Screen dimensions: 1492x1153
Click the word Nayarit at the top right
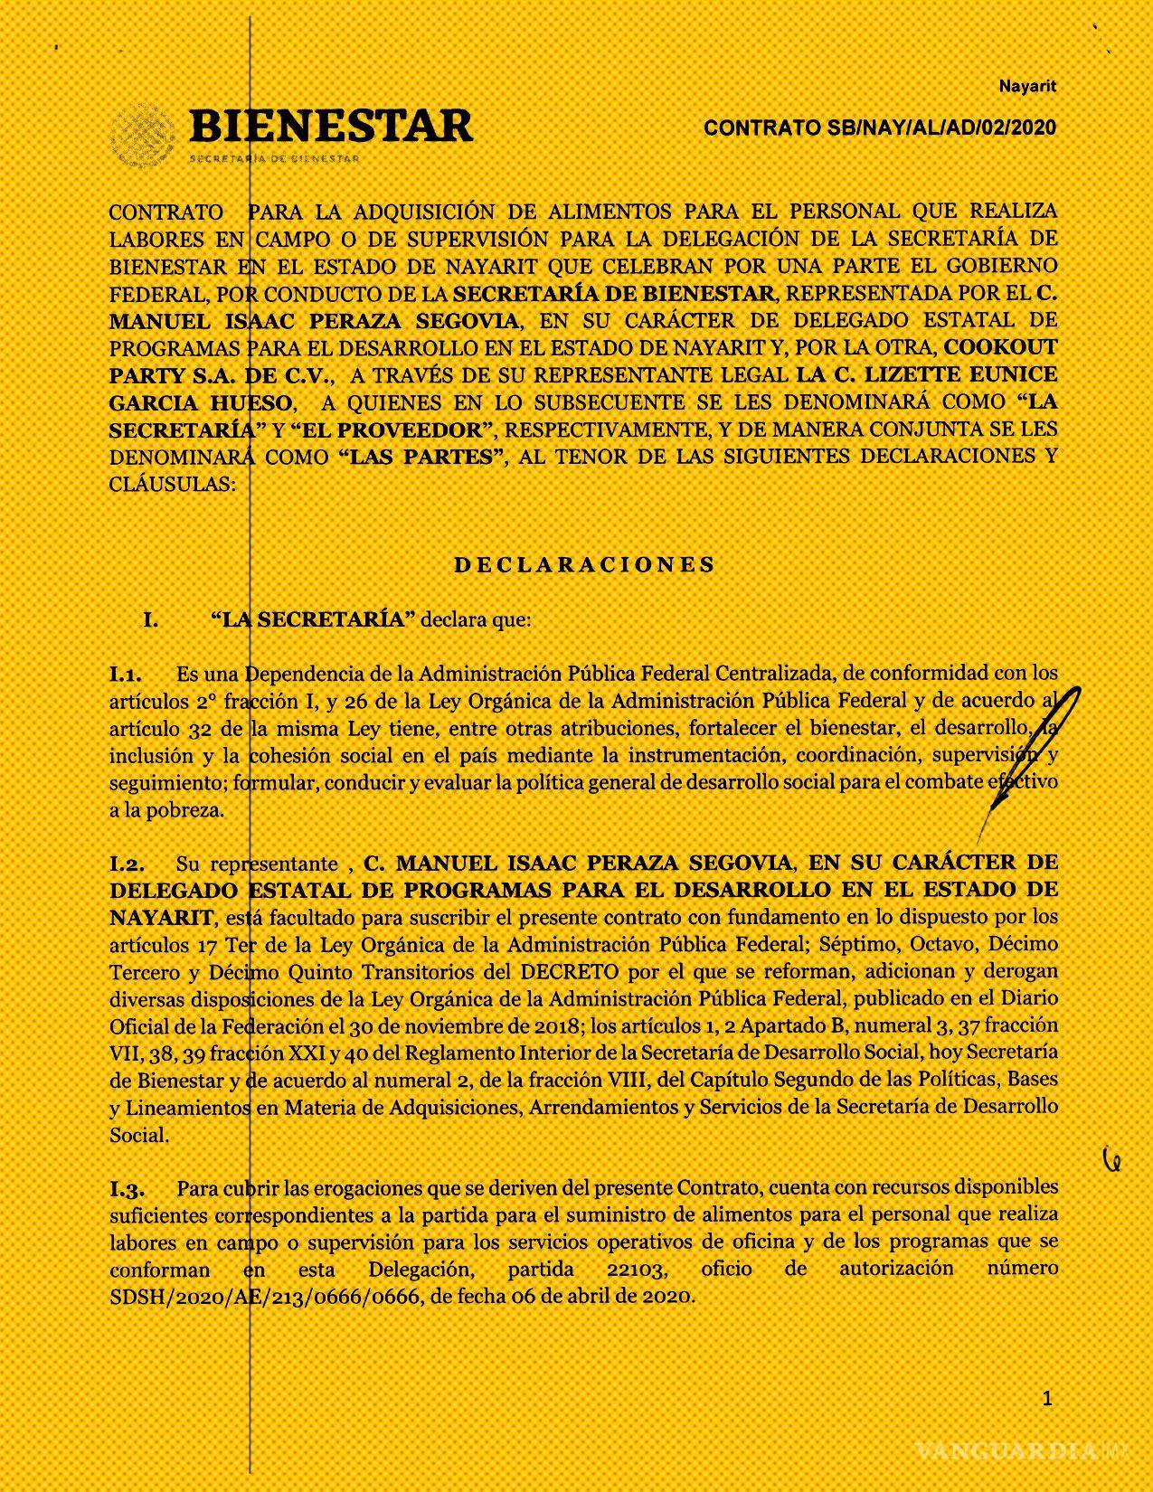tap(1027, 87)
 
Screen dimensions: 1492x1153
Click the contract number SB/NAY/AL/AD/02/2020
tap(880, 128)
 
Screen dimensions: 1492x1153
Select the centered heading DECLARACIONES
tap(584, 565)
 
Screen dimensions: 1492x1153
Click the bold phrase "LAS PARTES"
tap(420, 457)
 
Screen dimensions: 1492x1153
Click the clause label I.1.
tap(127, 675)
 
